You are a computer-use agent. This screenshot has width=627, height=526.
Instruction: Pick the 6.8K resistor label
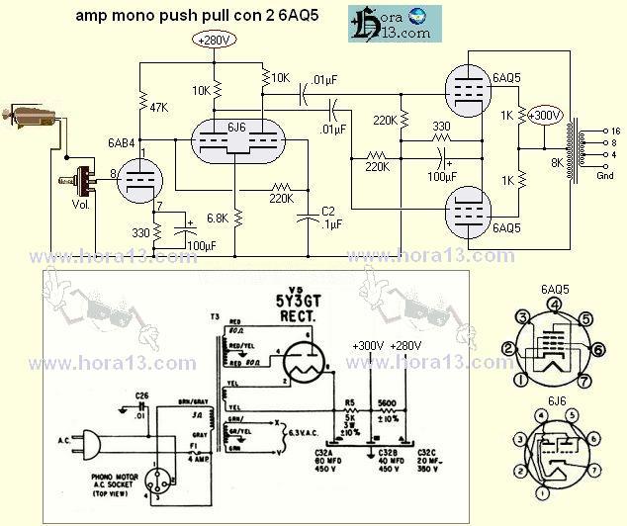coord(217,219)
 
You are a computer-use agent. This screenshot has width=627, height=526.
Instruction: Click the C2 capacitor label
coord(329,210)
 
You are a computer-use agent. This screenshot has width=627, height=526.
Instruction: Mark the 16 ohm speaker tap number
coord(614,131)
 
